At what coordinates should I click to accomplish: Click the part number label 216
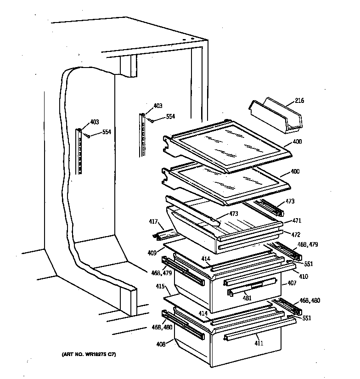299,101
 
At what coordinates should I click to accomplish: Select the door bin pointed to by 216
275,117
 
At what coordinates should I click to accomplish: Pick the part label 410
304,277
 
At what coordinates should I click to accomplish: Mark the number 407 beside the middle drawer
292,283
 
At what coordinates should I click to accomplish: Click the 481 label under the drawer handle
247,298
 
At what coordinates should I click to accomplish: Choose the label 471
296,221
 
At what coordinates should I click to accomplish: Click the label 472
296,235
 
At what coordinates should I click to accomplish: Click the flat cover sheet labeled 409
184,250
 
